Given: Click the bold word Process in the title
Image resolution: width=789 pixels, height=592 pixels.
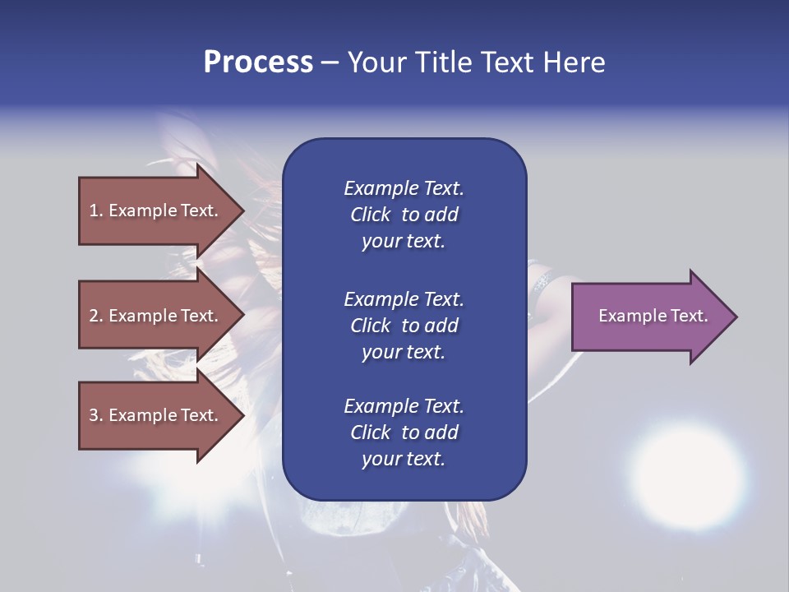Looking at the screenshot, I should pyautogui.click(x=258, y=62).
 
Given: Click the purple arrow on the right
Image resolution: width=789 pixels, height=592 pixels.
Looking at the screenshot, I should pyautogui.click(x=649, y=316).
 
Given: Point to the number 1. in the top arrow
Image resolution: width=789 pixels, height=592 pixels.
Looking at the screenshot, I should pyautogui.click(x=95, y=210).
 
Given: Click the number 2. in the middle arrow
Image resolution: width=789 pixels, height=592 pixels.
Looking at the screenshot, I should pyautogui.click(x=95, y=316).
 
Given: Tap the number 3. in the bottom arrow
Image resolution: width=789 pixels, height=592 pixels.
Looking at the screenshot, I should pyautogui.click(x=95, y=415).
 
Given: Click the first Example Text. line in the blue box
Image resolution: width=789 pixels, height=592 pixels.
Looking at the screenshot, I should pyautogui.click(x=404, y=188).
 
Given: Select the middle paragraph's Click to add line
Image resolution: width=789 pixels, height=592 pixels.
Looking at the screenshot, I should pyautogui.click(x=404, y=326).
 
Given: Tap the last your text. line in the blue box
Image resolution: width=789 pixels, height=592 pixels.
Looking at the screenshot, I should pyautogui.click(x=404, y=459).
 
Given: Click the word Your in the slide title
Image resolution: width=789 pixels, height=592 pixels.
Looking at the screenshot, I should pyautogui.click(x=378, y=62).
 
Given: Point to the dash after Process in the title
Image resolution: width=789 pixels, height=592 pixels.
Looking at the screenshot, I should pyautogui.click(x=330, y=62).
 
